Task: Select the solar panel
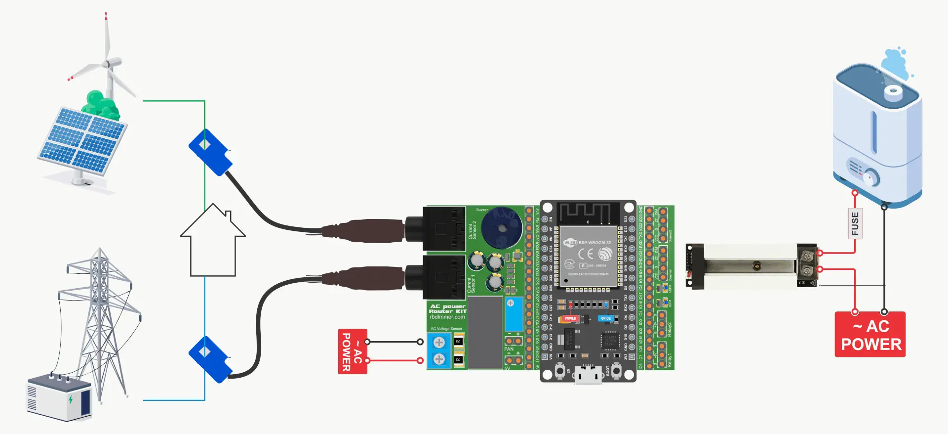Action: click(82, 141)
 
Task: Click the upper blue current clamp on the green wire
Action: click(210, 152)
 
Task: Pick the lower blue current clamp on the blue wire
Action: click(210, 359)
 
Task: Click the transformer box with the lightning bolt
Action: click(59, 398)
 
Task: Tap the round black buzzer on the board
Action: click(502, 228)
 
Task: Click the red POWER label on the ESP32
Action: click(570, 319)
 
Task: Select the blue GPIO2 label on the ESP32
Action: click(606, 319)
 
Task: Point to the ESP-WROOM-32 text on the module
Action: click(594, 243)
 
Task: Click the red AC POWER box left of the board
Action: click(353, 351)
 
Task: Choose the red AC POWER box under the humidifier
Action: click(870, 335)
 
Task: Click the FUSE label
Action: click(855, 223)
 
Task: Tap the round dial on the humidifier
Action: click(871, 177)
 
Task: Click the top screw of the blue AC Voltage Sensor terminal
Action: click(439, 342)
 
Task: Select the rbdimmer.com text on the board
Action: click(447, 317)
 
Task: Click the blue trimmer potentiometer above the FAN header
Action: click(513, 314)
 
